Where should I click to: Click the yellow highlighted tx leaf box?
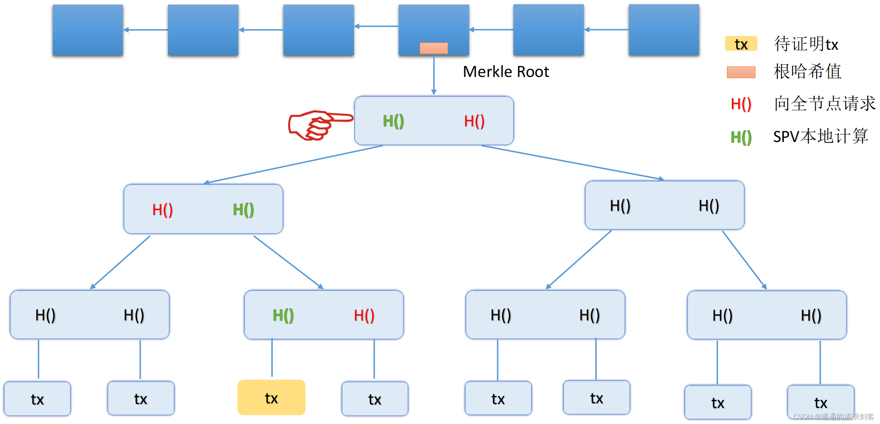tap(271, 398)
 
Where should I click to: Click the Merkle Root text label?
tap(505, 72)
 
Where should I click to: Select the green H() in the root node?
tap(393, 121)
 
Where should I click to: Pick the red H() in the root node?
tap(474, 121)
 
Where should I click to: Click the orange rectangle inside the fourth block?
tap(433, 48)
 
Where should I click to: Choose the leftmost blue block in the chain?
tap(88, 30)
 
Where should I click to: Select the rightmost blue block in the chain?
tap(663, 30)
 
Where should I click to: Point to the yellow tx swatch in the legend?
tap(741, 44)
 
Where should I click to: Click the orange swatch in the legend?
tap(741, 72)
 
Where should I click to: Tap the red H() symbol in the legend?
tap(741, 104)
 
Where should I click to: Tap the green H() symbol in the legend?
tap(741, 137)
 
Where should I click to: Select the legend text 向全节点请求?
tap(825, 104)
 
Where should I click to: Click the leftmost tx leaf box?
tap(37, 399)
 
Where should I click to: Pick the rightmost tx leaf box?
tap(820, 402)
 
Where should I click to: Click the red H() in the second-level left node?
tap(162, 210)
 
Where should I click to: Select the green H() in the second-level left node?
tap(243, 210)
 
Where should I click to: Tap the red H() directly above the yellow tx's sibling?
tap(364, 315)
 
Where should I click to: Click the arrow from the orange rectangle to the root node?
tap(433, 75)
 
